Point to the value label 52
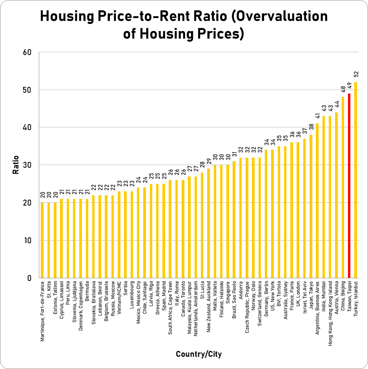356,75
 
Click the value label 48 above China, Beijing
343,90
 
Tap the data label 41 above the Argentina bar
317,116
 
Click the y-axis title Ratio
16,165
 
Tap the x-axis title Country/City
199,354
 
